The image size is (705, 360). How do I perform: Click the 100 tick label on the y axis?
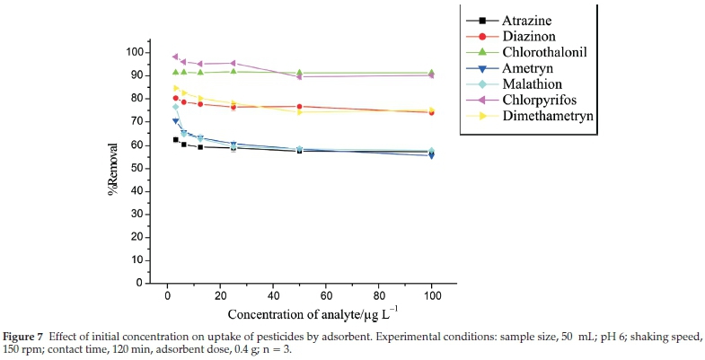click(x=135, y=52)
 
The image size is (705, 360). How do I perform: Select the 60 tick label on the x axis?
click(x=326, y=295)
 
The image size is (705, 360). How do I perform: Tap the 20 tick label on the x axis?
click(x=220, y=295)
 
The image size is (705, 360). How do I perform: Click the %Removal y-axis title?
click(x=114, y=167)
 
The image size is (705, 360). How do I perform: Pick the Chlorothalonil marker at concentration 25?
click(x=234, y=71)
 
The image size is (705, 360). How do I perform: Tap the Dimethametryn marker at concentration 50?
click(x=299, y=111)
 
